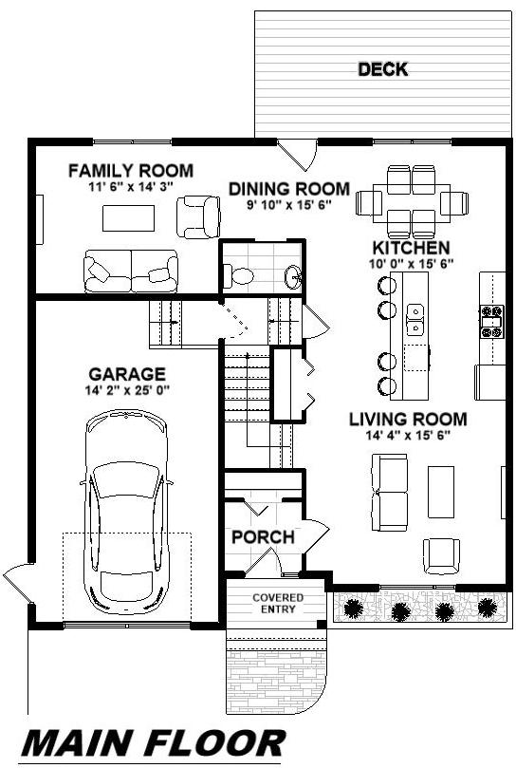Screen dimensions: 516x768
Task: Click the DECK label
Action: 383,69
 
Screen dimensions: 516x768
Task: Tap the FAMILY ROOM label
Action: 131,171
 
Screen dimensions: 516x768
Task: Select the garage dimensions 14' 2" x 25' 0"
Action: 127,390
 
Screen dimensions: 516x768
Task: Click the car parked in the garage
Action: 127,513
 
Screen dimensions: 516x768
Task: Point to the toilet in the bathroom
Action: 238,276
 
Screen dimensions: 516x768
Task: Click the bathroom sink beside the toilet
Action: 293,277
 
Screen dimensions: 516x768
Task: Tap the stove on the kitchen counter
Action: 491,322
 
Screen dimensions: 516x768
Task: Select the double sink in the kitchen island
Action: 415,319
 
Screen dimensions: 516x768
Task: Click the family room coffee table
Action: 128,218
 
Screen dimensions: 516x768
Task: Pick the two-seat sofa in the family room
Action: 131,272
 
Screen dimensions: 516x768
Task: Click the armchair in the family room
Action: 198,217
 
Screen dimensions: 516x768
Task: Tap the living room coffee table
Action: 441,492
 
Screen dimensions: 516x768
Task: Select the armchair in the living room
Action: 441,556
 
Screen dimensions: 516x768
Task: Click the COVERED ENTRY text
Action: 278,604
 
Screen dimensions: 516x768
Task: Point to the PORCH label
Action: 263,536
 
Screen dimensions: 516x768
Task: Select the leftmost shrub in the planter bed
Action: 354,609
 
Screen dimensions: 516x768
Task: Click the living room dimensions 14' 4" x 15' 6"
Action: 408,435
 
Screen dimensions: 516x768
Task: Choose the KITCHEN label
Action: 411,248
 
